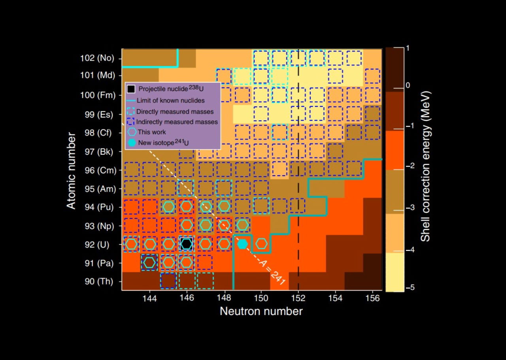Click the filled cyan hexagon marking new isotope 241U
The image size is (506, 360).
click(243, 244)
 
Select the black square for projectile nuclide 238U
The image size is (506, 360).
click(187, 244)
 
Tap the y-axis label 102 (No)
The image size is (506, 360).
click(97, 58)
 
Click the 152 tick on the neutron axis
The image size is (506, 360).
click(298, 298)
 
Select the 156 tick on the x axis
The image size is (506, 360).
click(373, 298)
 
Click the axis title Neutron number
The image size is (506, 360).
click(261, 311)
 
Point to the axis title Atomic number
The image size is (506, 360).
click(71, 171)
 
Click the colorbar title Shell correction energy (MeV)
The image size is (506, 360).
click(425, 167)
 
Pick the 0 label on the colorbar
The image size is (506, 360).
click(408, 85)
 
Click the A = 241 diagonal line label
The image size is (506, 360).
click(272, 273)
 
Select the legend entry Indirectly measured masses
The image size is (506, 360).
click(177, 122)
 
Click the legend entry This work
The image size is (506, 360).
click(152, 132)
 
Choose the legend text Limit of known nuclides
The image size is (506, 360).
click(171, 100)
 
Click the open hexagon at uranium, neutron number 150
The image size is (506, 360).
click(261, 244)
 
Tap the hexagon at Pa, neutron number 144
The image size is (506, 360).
click(149, 262)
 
